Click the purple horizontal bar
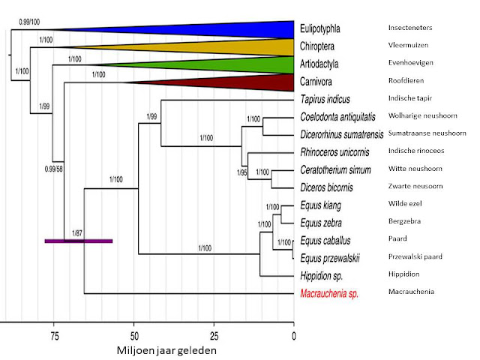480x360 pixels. click(78, 241)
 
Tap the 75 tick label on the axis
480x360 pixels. click(53, 335)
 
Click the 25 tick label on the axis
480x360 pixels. click(214, 335)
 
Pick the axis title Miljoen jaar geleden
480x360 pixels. click(171, 349)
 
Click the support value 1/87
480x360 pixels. click(77, 232)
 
